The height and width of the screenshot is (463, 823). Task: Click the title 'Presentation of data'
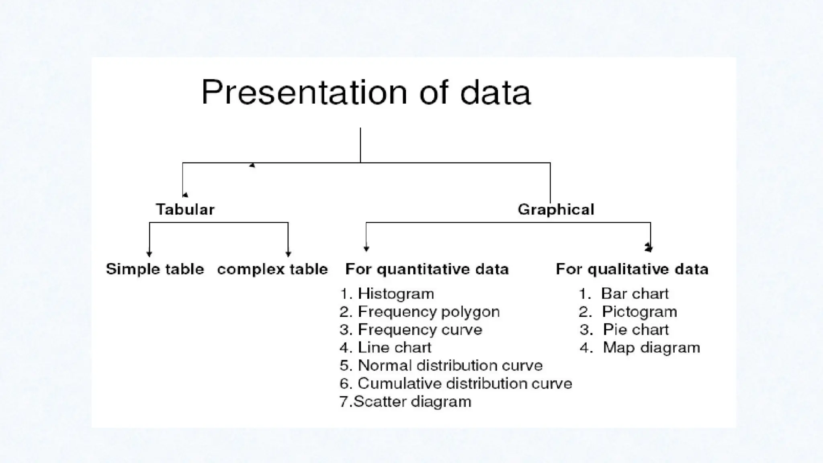(366, 92)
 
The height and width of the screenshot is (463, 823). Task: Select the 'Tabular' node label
(185, 209)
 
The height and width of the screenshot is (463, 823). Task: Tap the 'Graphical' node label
(556, 209)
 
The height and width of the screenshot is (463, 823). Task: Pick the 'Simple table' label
(155, 269)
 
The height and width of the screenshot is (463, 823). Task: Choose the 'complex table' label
(272, 269)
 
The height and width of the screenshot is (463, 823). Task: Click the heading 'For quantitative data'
(427, 269)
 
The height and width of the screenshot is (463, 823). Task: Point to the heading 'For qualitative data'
(632, 269)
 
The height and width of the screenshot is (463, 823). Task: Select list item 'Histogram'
(396, 294)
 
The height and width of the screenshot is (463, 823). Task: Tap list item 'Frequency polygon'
(428, 312)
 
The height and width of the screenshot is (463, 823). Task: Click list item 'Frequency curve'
(420, 330)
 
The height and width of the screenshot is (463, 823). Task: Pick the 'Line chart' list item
(394, 348)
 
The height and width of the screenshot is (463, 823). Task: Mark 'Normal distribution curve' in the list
(450, 365)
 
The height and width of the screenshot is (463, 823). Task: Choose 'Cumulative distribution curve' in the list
(465, 383)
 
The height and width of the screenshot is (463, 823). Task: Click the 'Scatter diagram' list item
(412, 402)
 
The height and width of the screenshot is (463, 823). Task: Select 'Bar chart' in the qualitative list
(635, 294)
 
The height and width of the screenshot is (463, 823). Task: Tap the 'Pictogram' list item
(639, 312)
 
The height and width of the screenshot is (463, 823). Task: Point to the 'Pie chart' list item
(636, 330)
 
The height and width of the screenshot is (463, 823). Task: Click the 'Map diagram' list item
(651, 348)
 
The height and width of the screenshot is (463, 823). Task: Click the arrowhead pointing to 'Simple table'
(149, 254)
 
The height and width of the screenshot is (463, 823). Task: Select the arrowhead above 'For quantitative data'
(366, 249)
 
